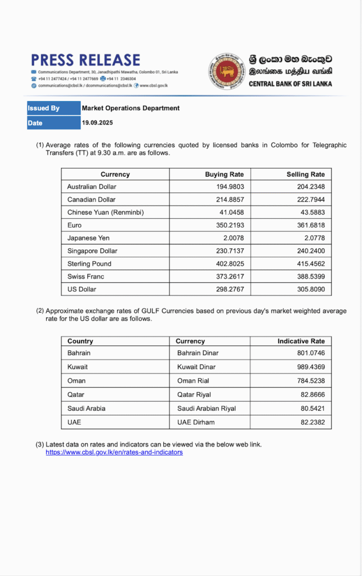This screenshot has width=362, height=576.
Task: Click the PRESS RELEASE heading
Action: click(x=86, y=60)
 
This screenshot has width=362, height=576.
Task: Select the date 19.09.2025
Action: click(x=98, y=123)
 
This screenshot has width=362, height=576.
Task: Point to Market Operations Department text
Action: click(x=131, y=108)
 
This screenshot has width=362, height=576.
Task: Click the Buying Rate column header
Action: click(x=224, y=174)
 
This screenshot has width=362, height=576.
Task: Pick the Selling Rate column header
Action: click(x=305, y=174)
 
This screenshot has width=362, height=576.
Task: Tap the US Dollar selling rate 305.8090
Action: click(x=310, y=289)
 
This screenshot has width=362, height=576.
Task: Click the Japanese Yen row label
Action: click(x=88, y=238)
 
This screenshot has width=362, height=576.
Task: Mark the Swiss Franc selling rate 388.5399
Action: click(x=310, y=276)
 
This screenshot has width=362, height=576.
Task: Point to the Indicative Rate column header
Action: click(x=301, y=341)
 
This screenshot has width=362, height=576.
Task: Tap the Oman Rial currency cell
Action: click(x=194, y=381)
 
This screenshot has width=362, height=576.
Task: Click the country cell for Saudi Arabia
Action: click(x=86, y=408)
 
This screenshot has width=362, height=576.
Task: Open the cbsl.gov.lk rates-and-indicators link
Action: click(x=114, y=452)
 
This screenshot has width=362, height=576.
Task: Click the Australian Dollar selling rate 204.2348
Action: click(x=310, y=187)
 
